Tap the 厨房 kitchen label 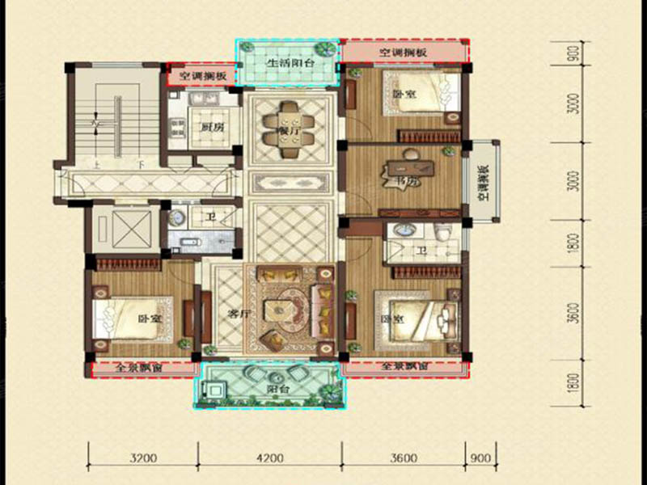pos(211,128)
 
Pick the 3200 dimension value pos(143,460)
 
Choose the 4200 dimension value pos(269,460)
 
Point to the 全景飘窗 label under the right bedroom pos(404,367)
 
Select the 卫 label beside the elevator pos(209,217)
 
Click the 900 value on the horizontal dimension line pos(480,460)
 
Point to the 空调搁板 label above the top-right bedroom pos(402,52)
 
